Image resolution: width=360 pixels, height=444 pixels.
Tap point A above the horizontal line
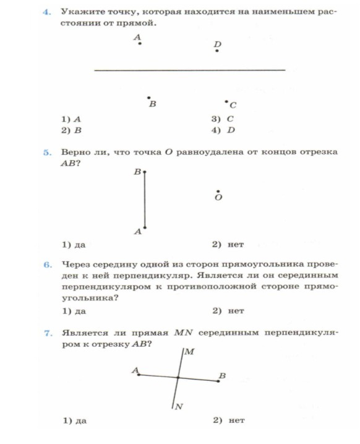[140, 43]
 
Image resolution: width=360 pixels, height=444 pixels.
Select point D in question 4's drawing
[216, 51]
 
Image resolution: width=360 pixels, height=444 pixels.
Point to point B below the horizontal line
[148, 98]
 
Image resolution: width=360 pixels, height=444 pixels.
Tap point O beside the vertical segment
[217, 192]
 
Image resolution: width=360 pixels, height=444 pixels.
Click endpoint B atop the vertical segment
[145, 173]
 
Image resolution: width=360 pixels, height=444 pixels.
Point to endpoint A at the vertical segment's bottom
[145, 228]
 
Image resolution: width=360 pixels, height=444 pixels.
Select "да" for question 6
[80, 311]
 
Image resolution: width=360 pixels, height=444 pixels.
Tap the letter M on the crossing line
[190, 352]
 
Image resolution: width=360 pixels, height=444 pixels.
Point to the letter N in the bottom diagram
[179, 406]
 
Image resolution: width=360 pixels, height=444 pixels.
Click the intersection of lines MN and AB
[178, 377]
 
